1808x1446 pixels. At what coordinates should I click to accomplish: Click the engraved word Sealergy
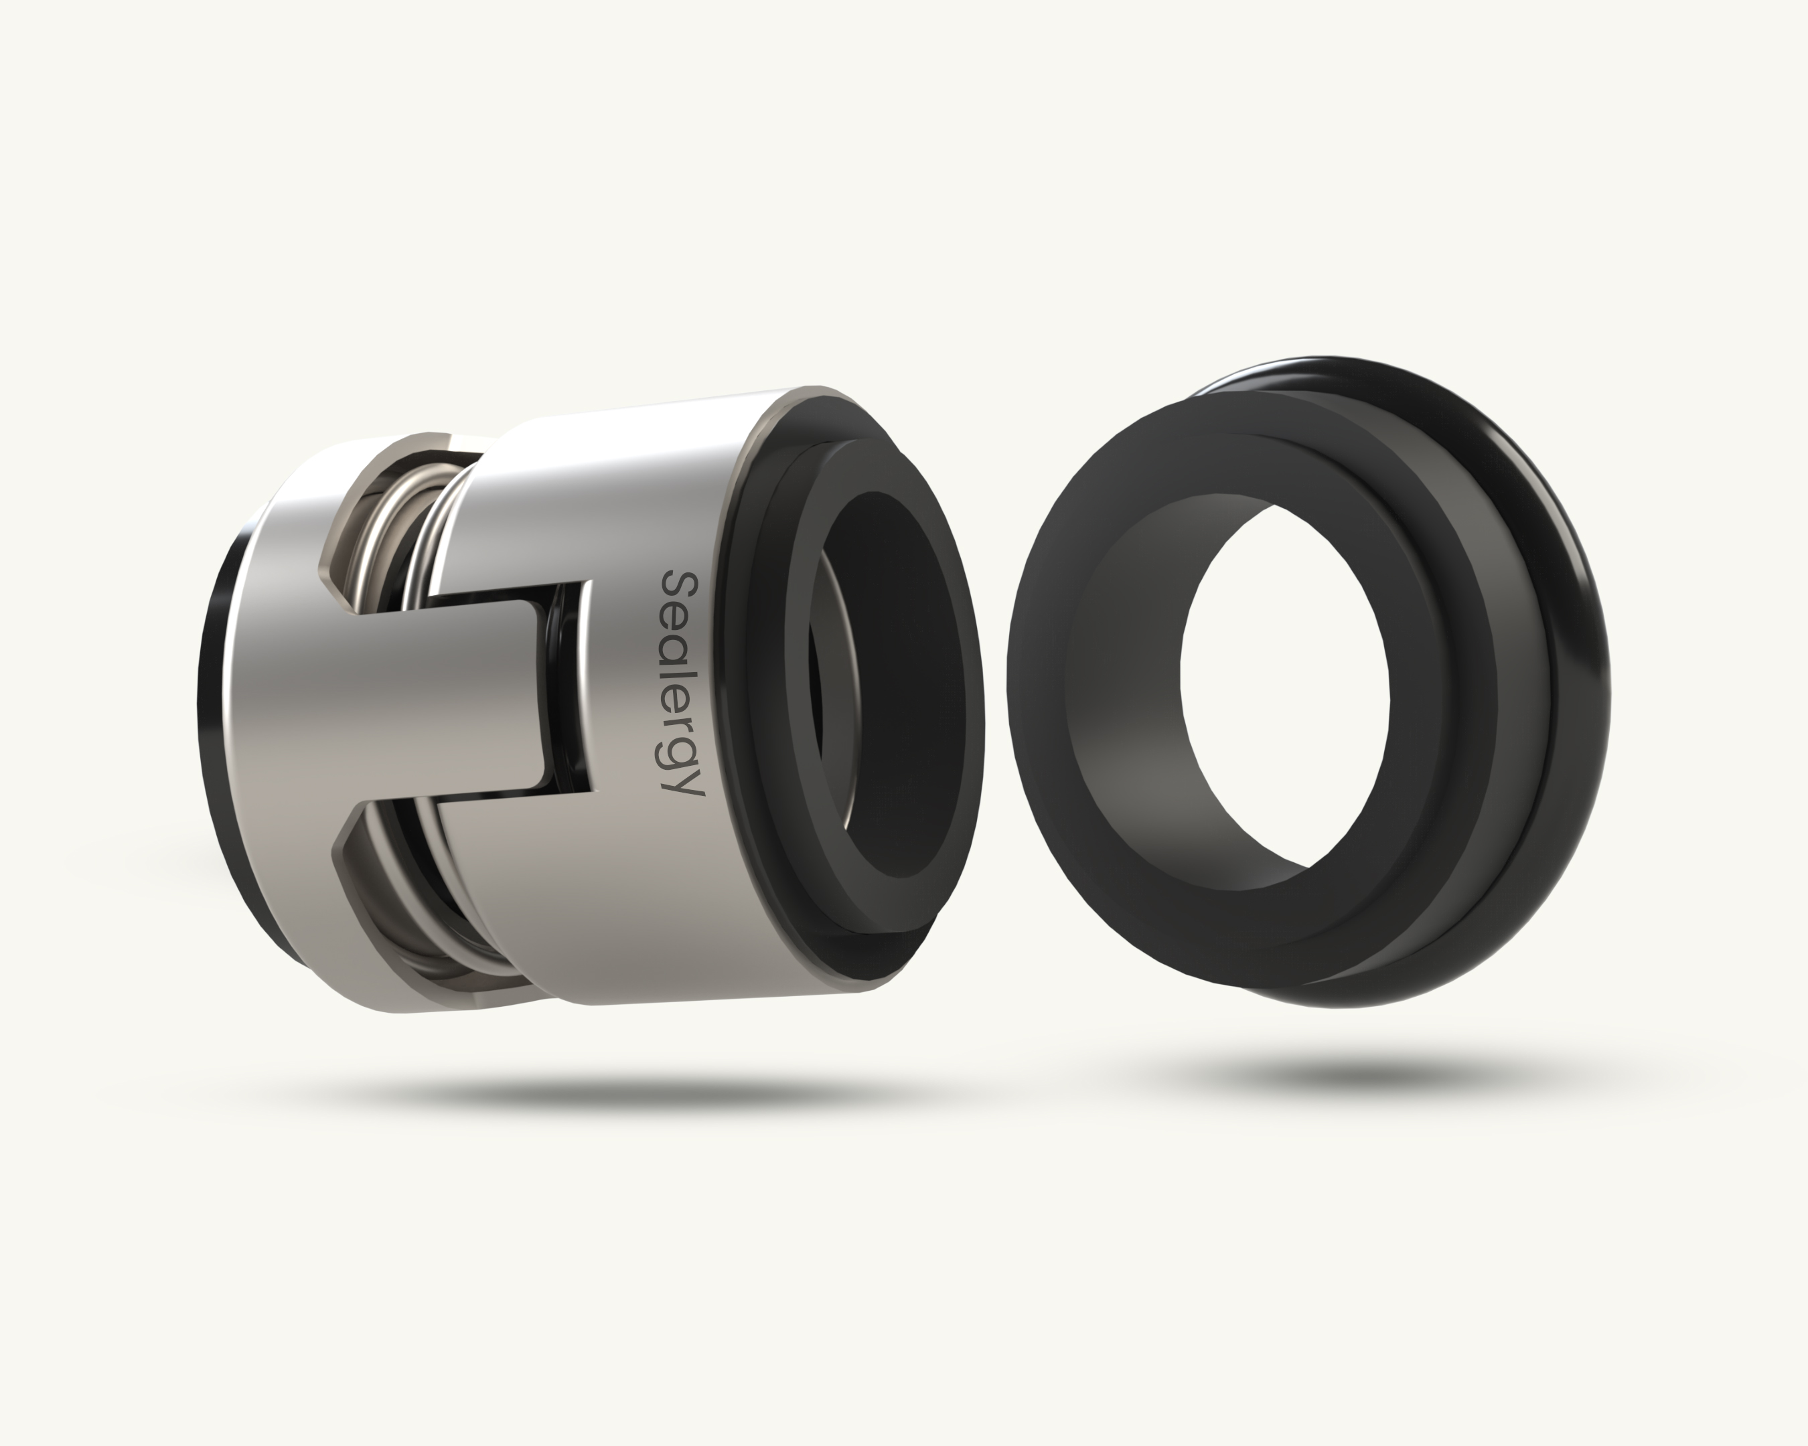coord(681,684)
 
